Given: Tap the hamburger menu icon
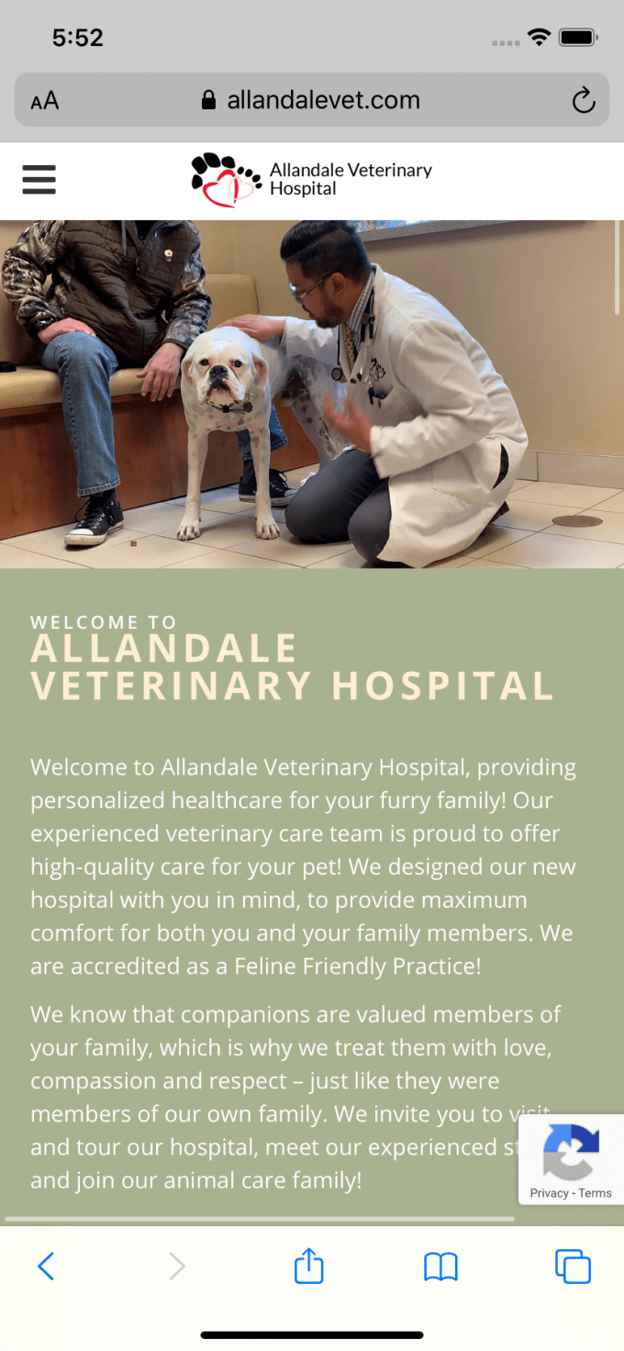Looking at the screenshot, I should tap(39, 180).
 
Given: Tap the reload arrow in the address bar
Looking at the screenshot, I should tap(584, 101).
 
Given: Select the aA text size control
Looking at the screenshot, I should tap(44, 101).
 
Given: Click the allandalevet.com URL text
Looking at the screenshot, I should tap(323, 100).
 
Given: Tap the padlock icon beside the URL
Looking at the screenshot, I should tap(208, 100).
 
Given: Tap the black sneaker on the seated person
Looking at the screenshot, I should tap(94, 521).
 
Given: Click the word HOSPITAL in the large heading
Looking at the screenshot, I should tap(442, 686).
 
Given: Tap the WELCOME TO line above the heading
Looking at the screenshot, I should tap(104, 622).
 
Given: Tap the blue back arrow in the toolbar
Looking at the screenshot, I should tap(46, 1267).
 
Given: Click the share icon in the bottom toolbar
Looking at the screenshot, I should tap(309, 1266).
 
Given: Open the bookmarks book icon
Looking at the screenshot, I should tap(440, 1267).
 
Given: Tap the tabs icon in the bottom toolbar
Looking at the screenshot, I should tap(573, 1267).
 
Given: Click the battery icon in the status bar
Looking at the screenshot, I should tap(578, 38).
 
